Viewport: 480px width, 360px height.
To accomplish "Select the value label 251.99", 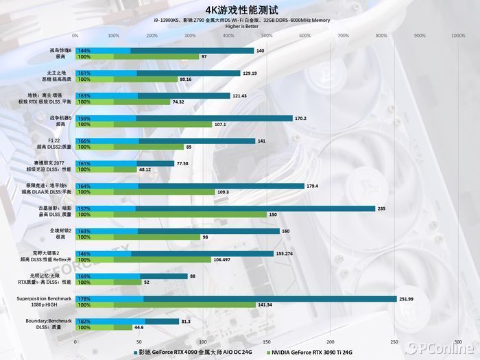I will click(407, 298).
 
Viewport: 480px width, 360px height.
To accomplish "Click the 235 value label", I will click(381, 208).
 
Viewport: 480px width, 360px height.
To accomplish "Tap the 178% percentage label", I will click(84, 298).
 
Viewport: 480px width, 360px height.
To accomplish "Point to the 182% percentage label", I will click(84, 321).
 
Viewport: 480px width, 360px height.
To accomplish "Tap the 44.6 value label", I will click(139, 327).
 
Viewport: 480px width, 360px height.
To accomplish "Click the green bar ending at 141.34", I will click(165, 304).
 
